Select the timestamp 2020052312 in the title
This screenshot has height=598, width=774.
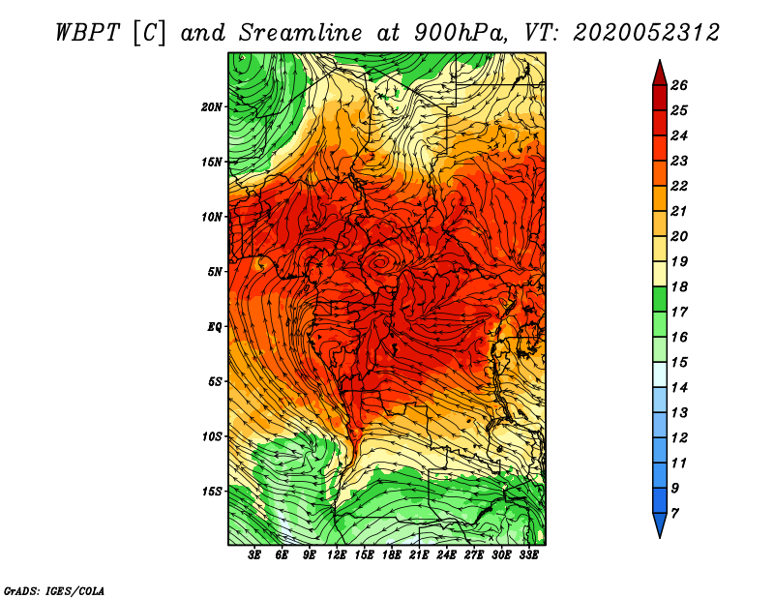click(646, 32)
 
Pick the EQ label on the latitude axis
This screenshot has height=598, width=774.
click(216, 327)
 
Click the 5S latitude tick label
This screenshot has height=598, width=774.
click(216, 381)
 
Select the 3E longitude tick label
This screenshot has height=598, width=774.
click(254, 555)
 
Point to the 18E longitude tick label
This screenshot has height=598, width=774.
click(391, 555)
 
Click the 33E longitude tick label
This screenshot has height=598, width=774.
click(528, 555)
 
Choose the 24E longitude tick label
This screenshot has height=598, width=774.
click(446, 555)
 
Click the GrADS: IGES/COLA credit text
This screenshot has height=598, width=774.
click(54, 589)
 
